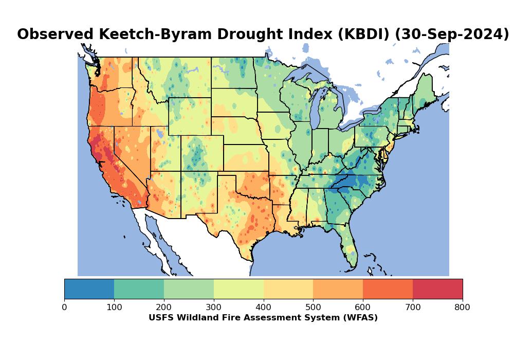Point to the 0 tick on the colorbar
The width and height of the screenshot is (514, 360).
[64, 308]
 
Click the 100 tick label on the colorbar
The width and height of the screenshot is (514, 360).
[114, 308]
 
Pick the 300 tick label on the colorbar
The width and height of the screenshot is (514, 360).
[214, 308]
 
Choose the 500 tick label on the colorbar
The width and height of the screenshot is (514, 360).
[313, 308]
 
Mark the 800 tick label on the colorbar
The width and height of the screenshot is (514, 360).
[463, 308]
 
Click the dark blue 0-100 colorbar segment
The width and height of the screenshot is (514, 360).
[89, 289]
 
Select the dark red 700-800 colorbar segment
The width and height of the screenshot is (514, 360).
[437, 289]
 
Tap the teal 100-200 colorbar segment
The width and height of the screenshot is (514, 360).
[139, 289]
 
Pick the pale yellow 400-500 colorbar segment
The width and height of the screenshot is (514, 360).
[288, 289]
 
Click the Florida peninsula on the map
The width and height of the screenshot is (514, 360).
[350, 247]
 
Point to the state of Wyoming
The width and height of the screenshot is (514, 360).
[190, 116]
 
